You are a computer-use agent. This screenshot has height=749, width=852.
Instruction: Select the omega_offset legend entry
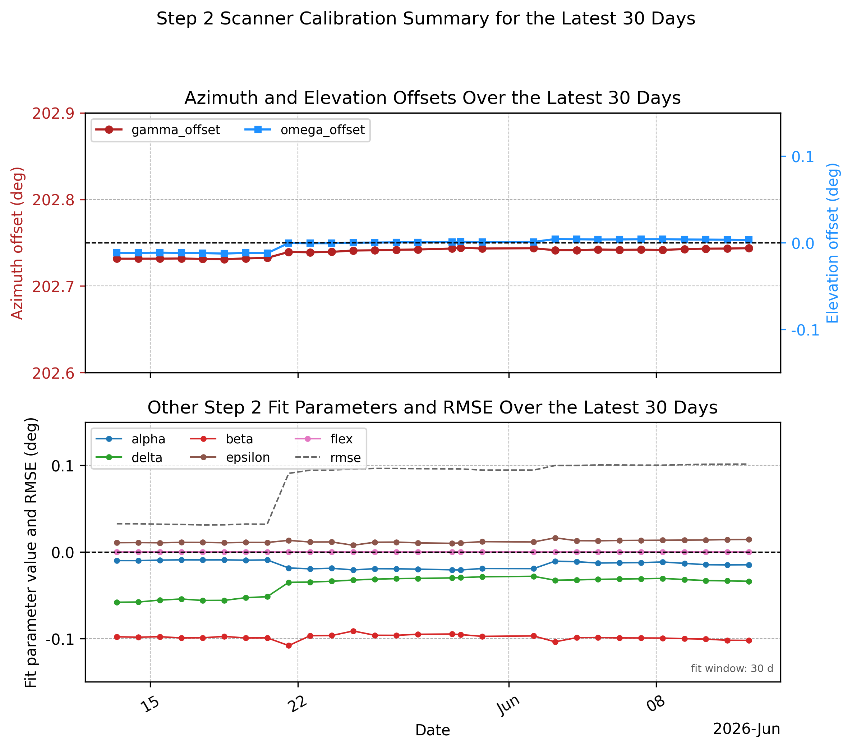(x=304, y=130)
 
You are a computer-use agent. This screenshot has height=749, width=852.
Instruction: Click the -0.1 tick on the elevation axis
(x=805, y=330)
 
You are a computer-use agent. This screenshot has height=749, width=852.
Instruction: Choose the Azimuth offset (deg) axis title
(x=18, y=243)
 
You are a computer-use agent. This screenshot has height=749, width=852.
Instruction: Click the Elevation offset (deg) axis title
(x=832, y=243)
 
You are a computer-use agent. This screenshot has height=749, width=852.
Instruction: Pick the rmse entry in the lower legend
(x=328, y=457)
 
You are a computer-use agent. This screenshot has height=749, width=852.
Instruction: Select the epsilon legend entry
(x=230, y=457)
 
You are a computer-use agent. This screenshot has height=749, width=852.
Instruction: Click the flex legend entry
(x=323, y=439)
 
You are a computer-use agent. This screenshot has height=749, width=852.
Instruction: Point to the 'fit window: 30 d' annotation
(x=732, y=668)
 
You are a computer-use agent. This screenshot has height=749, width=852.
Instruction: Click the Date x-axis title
(x=433, y=730)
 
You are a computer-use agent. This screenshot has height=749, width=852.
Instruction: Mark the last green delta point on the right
(x=749, y=581)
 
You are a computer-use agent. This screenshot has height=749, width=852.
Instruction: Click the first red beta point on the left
(x=117, y=637)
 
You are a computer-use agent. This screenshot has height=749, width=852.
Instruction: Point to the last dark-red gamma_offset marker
(x=749, y=248)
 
